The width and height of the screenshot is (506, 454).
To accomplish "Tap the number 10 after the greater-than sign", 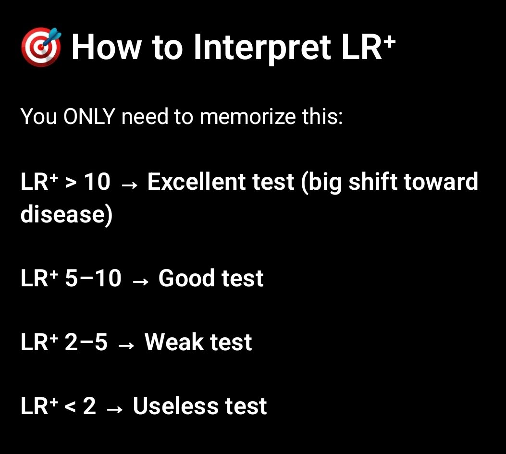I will tap(97, 182).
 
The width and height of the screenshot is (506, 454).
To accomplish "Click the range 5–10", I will tap(93, 278).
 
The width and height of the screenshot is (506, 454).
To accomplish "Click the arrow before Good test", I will tap(140, 280).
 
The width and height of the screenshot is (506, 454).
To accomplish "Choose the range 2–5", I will tap(86, 342).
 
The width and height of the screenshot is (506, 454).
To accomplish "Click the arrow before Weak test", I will tap(126, 344).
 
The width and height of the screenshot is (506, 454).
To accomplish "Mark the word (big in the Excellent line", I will tap(325, 183).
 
